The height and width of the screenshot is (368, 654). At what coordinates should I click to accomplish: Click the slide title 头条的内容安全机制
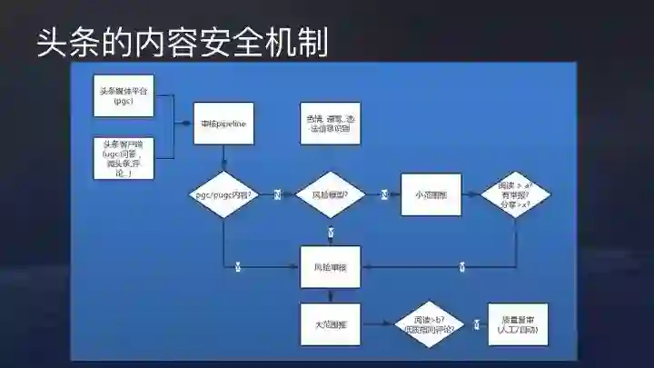click(x=182, y=42)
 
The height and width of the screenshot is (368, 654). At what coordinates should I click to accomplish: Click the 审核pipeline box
click(x=224, y=123)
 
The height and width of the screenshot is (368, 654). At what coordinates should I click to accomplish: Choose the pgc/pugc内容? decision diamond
click(x=224, y=194)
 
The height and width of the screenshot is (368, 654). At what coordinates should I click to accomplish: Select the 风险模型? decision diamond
click(x=331, y=194)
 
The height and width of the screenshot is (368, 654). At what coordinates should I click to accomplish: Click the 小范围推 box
click(x=431, y=194)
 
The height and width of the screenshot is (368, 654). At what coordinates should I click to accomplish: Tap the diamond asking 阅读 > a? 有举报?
click(x=515, y=194)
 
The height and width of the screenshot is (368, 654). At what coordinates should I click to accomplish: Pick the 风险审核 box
click(x=331, y=267)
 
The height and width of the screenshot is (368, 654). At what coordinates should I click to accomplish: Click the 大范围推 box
click(x=331, y=323)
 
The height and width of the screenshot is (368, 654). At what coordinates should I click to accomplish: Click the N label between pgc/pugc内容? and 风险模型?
click(x=277, y=194)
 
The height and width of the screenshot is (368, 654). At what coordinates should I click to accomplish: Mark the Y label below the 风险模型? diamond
click(x=331, y=232)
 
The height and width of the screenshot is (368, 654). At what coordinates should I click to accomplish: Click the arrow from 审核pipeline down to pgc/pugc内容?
click(x=224, y=157)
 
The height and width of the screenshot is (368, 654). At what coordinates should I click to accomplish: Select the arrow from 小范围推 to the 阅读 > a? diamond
click(x=474, y=194)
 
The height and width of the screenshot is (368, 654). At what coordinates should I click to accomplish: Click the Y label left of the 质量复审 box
click(x=475, y=323)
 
